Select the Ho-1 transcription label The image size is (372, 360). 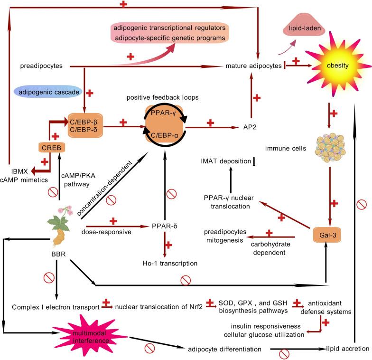pyautogui.click(x=168, y=263)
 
